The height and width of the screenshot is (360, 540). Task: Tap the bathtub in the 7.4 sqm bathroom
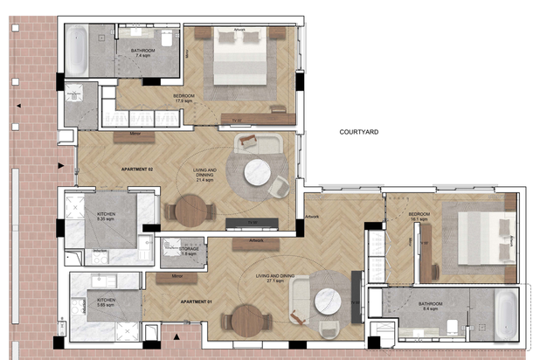coord(77,51)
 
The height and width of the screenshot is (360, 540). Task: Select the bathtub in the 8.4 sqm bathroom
coord(506,314)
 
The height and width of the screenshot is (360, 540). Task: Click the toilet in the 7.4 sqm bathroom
coord(166,40)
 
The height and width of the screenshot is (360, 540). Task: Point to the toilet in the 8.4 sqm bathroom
coord(451,327)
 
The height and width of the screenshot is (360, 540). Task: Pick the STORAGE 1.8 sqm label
coord(189,251)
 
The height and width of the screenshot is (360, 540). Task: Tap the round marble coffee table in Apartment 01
coord(329,301)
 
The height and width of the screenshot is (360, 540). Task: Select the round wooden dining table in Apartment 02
coord(193,210)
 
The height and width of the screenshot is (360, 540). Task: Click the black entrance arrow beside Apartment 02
coord(60,165)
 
